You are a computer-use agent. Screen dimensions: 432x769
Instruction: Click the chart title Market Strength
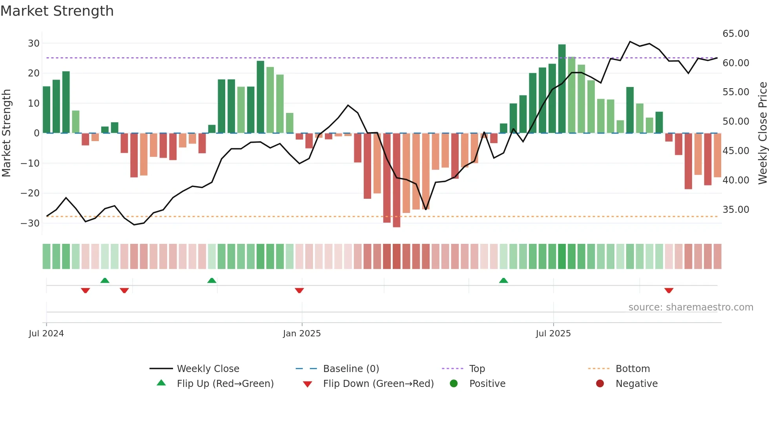point(57,11)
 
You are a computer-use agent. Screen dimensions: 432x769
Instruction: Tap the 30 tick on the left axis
point(34,44)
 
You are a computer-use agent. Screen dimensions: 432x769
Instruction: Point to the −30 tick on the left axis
point(31,223)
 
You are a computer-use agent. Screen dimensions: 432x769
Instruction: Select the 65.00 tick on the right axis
point(736,34)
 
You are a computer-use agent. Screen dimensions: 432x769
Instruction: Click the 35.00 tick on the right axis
point(736,210)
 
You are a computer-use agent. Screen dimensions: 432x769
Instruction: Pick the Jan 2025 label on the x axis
point(302,334)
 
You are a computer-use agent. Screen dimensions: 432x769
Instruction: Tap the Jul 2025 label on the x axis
point(553,334)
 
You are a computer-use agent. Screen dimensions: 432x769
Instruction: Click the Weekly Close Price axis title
point(762,133)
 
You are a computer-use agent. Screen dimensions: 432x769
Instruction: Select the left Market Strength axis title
point(7,133)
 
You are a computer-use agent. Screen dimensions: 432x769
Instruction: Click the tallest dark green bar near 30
point(562,88)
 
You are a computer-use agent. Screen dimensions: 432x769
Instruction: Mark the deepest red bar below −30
point(397,180)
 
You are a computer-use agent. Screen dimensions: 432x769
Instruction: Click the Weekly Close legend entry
point(208,369)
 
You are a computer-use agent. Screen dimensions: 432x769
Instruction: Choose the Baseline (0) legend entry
point(351,369)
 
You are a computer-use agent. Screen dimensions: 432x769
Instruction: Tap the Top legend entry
point(477,369)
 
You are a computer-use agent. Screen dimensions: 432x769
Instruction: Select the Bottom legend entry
point(632,369)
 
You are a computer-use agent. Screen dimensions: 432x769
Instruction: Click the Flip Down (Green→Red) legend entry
point(378,384)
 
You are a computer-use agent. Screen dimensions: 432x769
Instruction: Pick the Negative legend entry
point(636,384)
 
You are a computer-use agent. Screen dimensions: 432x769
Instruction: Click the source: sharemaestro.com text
point(691,307)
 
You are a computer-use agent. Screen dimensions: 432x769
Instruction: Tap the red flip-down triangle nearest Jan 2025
point(299,290)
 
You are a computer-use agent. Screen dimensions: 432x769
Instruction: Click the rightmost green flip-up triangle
point(503,280)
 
